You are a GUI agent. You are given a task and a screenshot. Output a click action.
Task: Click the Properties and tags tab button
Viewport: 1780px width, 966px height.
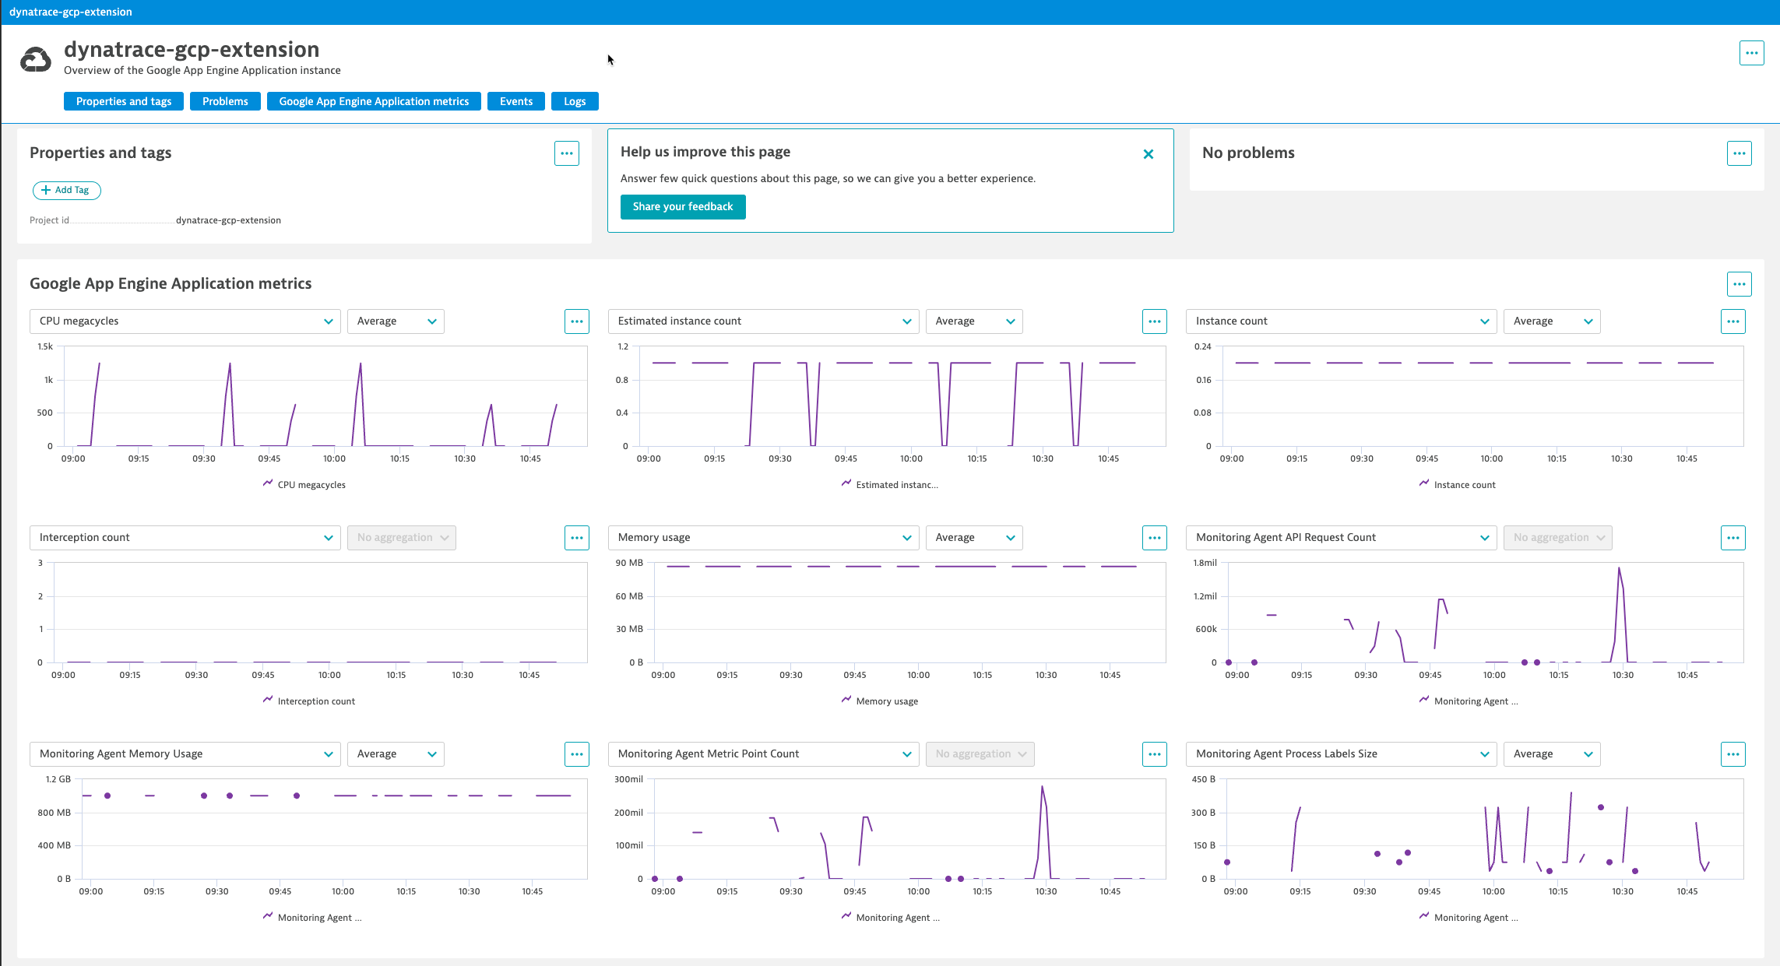[124, 101]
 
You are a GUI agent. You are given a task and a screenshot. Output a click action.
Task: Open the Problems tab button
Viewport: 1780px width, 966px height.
[225, 101]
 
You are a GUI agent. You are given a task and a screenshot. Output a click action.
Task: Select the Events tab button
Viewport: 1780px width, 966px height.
[516, 101]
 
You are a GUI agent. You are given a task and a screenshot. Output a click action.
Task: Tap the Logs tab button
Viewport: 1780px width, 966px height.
[575, 101]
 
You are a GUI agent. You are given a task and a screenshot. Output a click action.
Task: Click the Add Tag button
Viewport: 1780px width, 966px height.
[67, 190]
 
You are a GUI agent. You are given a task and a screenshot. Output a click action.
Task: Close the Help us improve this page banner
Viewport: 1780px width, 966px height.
[1148, 154]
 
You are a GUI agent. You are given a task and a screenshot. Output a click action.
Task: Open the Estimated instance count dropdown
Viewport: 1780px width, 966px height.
[763, 321]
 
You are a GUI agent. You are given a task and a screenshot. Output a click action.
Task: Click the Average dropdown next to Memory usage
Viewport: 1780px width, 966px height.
[973, 538]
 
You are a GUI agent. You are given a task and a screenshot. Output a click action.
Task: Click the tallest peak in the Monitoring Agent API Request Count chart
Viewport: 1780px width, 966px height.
[1619, 569]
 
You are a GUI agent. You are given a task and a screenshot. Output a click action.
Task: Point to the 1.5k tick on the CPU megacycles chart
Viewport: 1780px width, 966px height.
[45, 347]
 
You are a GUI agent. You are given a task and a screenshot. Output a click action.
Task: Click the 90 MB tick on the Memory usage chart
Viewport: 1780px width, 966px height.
[629, 563]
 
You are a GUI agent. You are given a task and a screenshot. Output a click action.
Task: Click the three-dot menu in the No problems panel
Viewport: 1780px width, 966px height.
[1739, 153]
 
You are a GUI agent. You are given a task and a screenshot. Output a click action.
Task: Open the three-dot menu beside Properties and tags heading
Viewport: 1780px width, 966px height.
[567, 153]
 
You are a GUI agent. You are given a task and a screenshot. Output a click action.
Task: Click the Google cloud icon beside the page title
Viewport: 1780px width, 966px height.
[36, 59]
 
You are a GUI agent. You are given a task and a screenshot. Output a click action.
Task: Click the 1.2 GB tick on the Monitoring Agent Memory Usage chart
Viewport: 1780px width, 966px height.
[58, 779]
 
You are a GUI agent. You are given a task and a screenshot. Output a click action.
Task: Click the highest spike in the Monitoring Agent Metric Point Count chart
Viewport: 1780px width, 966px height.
[1042, 788]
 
